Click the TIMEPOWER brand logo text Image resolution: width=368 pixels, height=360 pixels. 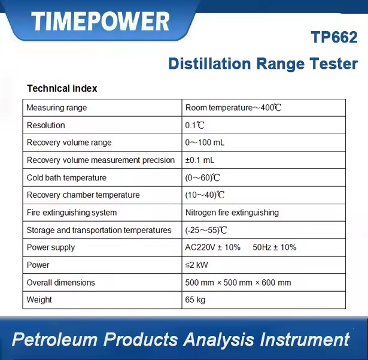point(100,21)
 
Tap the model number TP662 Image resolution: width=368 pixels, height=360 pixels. point(334,37)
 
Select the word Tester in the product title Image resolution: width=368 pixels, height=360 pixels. point(334,63)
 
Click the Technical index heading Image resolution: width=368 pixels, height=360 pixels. point(62,89)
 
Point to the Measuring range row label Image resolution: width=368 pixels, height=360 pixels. point(57,108)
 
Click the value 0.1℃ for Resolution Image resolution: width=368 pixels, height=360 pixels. point(194,125)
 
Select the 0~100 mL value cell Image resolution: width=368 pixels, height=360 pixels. point(205,143)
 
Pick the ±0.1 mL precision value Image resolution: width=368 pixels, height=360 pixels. point(200,160)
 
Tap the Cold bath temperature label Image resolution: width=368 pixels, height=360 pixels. point(66,178)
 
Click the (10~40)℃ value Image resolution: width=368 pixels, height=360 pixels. point(205,195)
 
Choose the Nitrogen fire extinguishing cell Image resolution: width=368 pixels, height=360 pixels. point(232,213)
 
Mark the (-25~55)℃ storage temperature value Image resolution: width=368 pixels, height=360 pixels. point(206,230)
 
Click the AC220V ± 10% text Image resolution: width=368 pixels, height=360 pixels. point(212,247)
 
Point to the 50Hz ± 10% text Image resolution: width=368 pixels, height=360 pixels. point(275,247)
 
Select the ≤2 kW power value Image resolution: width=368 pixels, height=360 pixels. point(196,265)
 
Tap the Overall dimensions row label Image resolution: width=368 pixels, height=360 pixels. point(61,283)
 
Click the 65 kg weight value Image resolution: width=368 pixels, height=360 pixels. point(195,300)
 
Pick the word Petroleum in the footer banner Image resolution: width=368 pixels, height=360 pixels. point(54,339)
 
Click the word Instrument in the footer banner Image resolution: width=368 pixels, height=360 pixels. point(305,339)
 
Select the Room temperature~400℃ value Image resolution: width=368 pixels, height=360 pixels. point(233,108)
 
